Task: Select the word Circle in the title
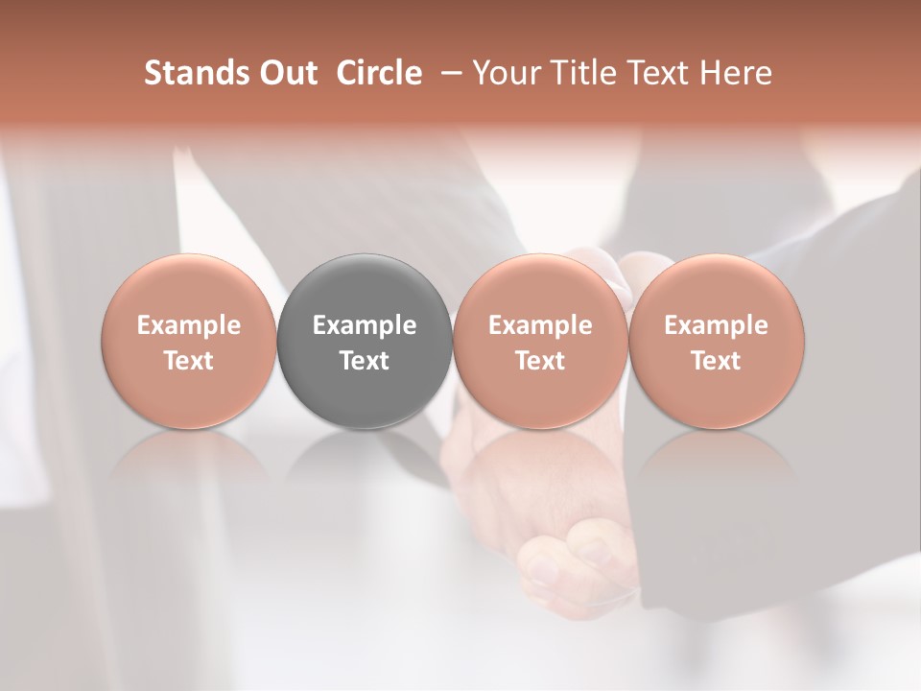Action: point(379,73)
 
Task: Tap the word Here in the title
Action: point(735,73)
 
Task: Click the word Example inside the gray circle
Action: point(365,325)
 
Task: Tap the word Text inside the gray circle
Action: point(365,361)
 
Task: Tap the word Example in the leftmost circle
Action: point(188,325)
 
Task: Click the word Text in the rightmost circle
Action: point(716,361)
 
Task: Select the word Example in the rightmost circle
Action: point(716,325)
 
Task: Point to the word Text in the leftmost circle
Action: point(188,361)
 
